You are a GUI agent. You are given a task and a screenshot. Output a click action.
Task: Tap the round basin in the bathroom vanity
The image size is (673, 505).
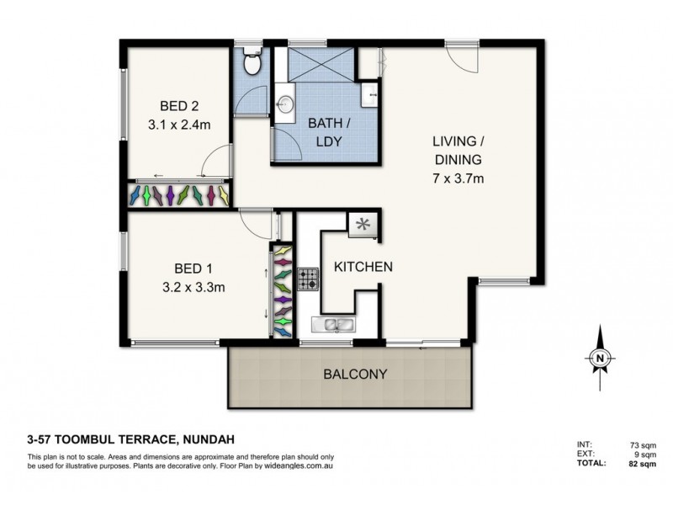tap(285, 104)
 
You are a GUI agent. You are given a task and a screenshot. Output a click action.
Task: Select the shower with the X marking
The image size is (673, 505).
tap(321, 64)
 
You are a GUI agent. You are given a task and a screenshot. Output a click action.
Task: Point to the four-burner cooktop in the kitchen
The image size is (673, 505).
tap(307, 279)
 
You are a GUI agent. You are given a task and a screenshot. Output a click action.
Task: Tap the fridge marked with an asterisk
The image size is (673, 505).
tap(364, 225)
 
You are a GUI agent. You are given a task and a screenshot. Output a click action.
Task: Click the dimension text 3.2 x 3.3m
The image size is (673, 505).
tap(194, 286)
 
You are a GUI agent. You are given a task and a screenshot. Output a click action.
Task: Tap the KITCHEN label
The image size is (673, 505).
tap(363, 267)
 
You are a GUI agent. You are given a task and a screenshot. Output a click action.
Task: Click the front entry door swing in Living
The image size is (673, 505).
tap(462, 58)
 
